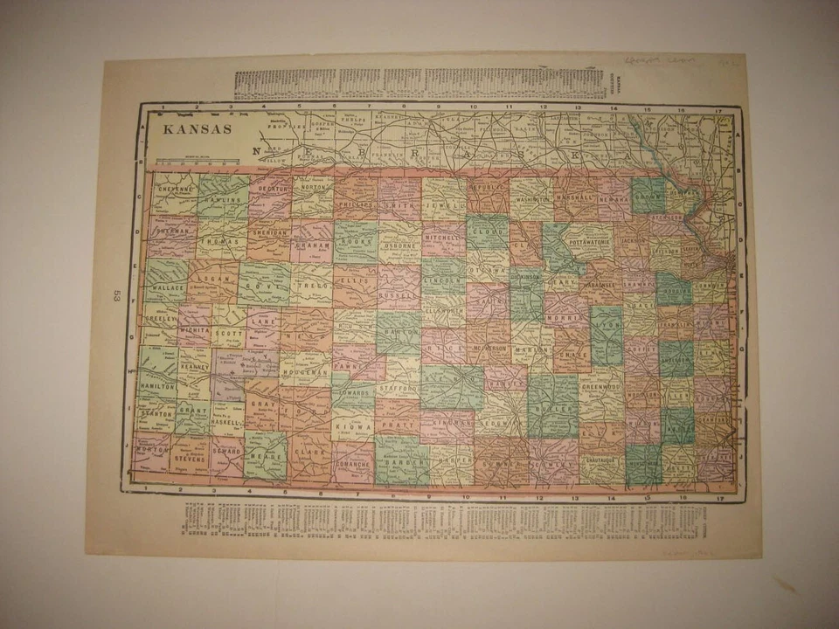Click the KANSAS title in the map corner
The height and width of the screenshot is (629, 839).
point(198,129)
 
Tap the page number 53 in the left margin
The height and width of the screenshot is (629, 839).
point(115,296)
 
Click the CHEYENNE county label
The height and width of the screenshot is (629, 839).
point(175,187)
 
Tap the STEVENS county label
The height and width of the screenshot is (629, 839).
point(190,455)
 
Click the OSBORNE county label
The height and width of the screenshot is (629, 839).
point(401,246)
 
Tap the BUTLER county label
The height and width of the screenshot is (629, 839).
point(552,408)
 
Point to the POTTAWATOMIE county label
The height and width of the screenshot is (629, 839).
point(593,238)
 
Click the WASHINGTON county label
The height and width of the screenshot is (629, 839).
point(532,199)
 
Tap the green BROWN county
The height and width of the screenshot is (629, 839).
point(648,196)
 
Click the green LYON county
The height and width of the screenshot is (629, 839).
point(607,335)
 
